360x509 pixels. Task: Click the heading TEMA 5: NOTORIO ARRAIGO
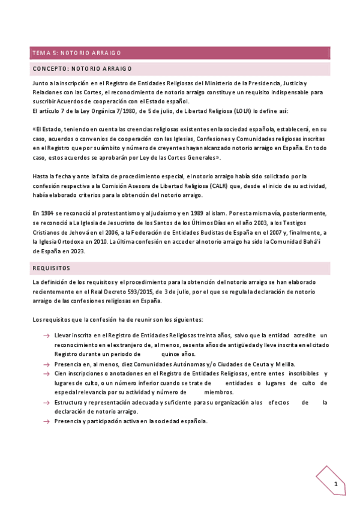[77, 53]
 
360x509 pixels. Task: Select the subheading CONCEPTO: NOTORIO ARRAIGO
[82, 69]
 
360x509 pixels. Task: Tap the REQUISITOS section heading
[52, 268]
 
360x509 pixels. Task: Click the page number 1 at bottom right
[336, 484]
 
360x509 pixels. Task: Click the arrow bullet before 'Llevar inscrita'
[46, 335]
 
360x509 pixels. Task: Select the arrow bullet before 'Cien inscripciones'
[46, 373]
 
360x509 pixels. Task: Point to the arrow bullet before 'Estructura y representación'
[46, 402]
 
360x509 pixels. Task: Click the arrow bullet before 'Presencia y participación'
[46, 421]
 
